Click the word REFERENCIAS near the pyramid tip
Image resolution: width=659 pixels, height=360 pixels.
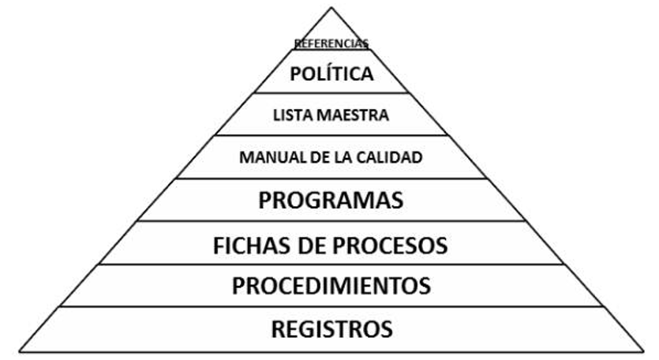coord(331,43)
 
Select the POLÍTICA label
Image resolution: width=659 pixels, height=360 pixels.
coord(331,75)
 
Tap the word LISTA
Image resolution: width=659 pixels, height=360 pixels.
coord(294,115)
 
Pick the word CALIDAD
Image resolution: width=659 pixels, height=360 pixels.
coord(388,157)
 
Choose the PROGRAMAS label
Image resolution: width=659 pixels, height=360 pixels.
coord(331,200)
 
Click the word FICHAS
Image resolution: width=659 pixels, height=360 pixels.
coord(250,246)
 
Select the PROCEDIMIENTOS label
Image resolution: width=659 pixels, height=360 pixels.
coord(331,285)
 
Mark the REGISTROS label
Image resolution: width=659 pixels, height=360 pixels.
coord(331,328)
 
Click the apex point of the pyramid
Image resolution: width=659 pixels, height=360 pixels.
coord(331,8)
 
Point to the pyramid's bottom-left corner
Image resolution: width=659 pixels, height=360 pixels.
coord(19,350)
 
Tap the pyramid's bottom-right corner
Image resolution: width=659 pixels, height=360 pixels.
coord(644,350)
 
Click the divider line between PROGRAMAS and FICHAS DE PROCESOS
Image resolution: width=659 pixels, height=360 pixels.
coord(331,221)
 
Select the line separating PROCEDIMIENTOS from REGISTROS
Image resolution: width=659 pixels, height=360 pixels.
coord(331,306)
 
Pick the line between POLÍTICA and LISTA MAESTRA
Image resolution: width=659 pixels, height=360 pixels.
coord(331,93)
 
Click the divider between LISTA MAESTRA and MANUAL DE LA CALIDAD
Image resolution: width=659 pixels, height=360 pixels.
coord(331,135)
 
